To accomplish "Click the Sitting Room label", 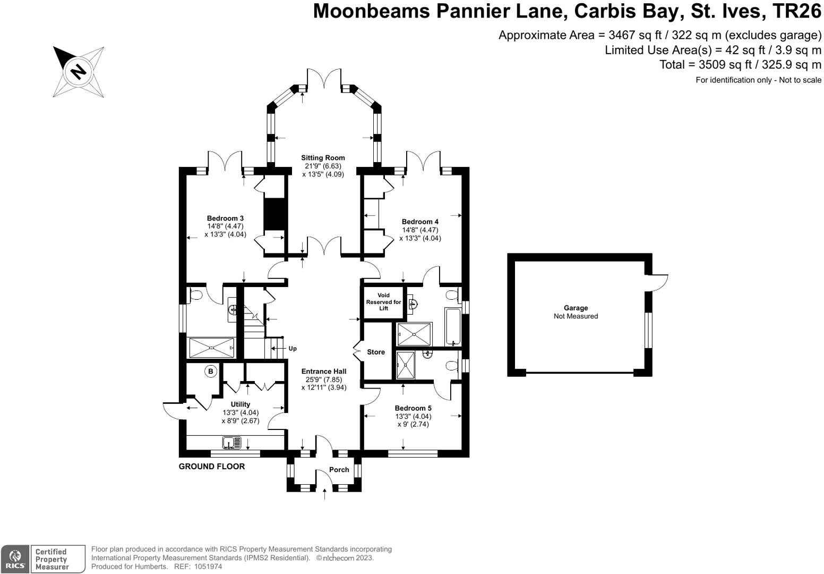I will tap(323, 158).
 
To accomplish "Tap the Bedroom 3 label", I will tap(225, 218).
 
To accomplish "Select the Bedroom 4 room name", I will tap(420, 222).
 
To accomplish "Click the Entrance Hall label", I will tap(323, 372).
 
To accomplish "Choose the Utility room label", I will tap(240, 404).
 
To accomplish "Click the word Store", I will tap(376, 352).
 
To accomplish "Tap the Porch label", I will tap(339, 470).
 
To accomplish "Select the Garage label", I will tap(576, 308).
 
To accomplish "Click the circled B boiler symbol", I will tap(211, 372).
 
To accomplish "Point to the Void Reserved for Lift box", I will tap(383, 302).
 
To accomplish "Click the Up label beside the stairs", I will tap(293, 349).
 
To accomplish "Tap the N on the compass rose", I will tap(79, 71).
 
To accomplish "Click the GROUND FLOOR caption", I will tap(212, 467).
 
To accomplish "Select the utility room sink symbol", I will tap(231, 442).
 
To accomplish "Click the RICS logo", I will tap(15, 559).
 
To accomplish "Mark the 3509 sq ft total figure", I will tap(719, 65).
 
